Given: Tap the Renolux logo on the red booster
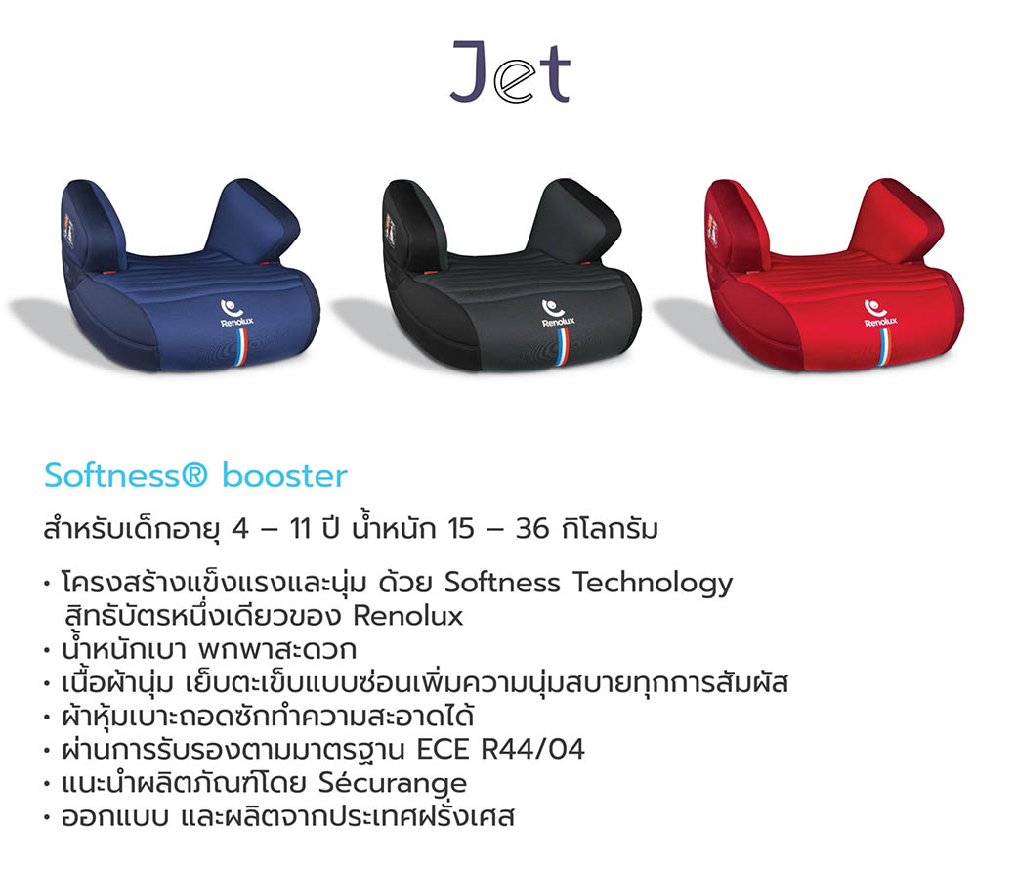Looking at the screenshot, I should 880,314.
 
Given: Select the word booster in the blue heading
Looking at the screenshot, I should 284,476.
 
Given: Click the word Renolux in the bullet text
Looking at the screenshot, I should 407,617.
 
